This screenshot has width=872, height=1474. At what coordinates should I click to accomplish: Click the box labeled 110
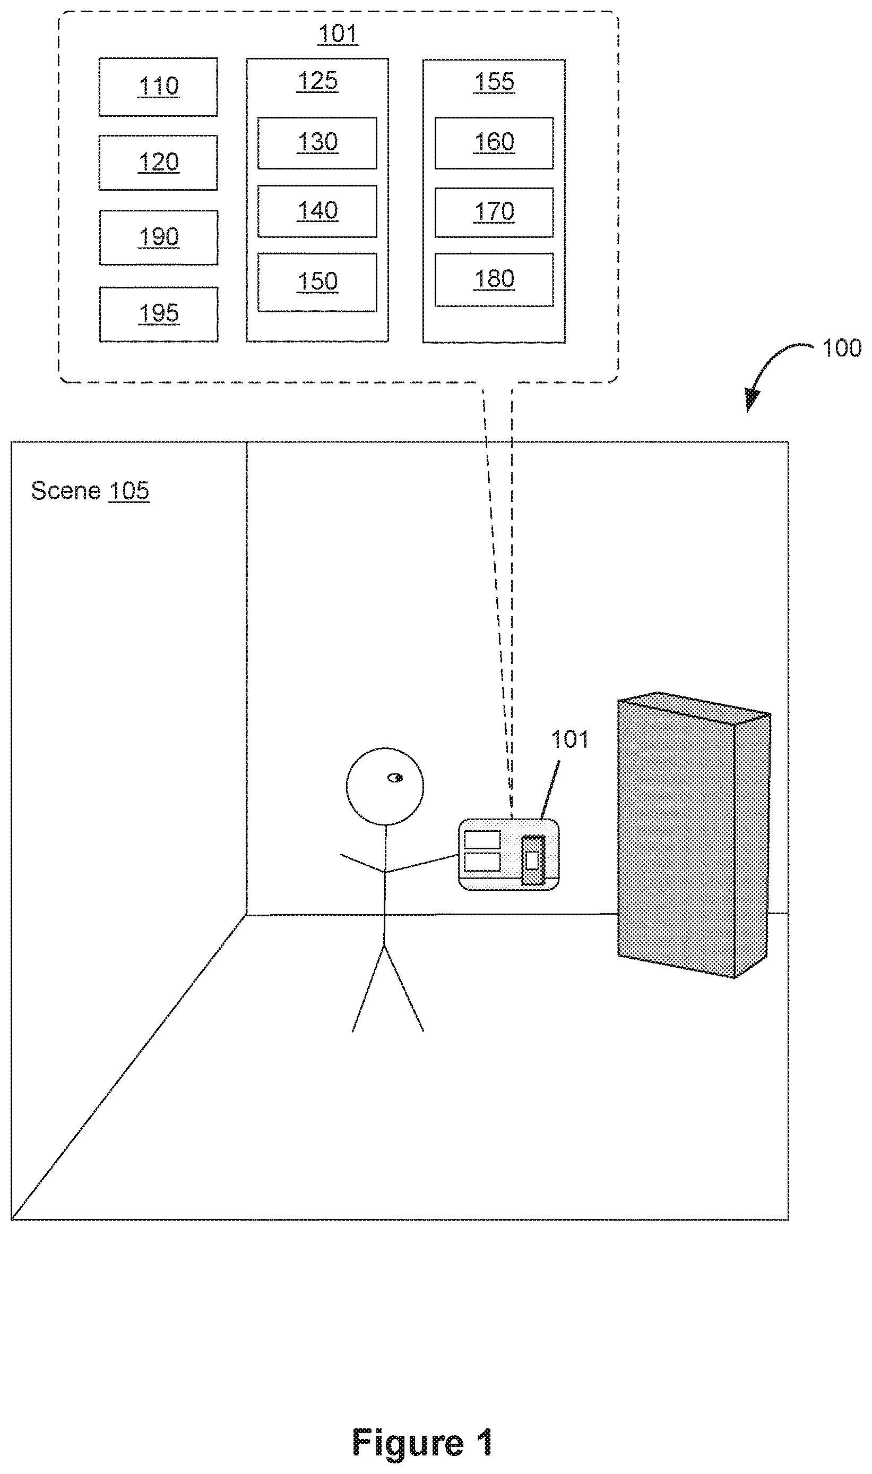tap(158, 87)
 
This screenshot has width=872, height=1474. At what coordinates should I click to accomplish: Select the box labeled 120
tap(158, 163)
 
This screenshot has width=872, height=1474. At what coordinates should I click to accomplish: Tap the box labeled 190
tap(159, 237)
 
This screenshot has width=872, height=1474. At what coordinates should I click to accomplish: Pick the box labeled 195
tap(159, 314)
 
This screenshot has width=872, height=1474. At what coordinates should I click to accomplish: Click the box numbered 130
tap(317, 143)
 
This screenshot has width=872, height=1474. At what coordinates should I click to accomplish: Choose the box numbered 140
tap(317, 211)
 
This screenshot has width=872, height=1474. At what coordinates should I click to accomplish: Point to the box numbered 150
tap(317, 282)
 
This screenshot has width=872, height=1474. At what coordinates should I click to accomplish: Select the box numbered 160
tap(494, 143)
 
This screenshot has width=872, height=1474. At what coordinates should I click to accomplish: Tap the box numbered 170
tap(494, 212)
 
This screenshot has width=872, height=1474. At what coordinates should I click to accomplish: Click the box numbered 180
tap(494, 280)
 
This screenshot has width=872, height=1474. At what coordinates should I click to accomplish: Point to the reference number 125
tap(317, 81)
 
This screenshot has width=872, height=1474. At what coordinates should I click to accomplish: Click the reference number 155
tap(494, 82)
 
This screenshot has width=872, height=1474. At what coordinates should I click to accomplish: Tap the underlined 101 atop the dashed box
tap(338, 34)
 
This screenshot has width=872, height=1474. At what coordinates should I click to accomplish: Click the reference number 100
tap(841, 348)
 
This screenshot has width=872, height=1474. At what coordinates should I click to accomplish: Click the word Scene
tap(66, 490)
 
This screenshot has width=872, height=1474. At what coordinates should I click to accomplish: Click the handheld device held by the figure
tap(509, 854)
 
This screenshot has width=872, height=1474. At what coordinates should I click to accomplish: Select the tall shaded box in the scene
tap(694, 835)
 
